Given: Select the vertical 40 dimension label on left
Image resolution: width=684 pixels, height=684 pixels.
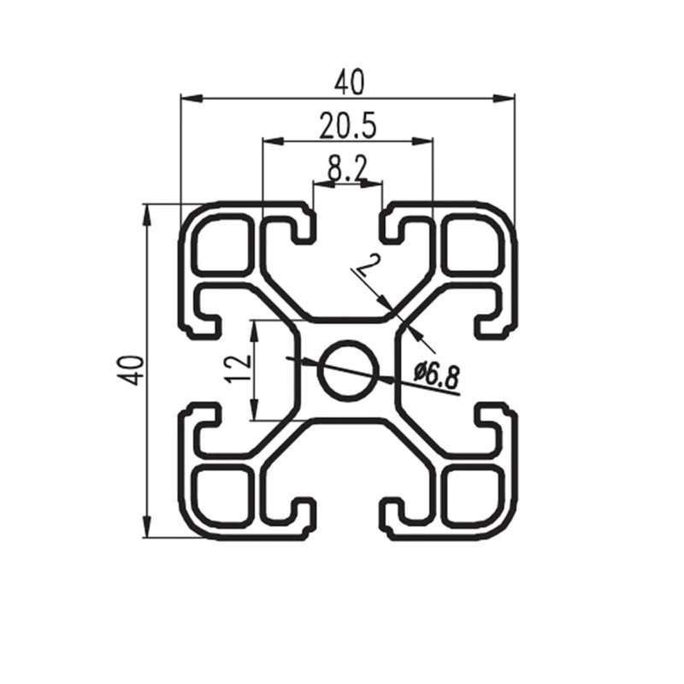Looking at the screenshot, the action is click(133, 370).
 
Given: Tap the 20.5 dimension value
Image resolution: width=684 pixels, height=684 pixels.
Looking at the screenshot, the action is click(347, 125).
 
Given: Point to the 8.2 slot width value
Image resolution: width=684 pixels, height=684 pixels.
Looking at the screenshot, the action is click(347, 168).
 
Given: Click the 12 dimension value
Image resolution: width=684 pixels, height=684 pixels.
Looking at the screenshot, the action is click(238, 369).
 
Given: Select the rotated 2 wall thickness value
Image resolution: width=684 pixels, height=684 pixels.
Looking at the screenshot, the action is click(368, 265).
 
